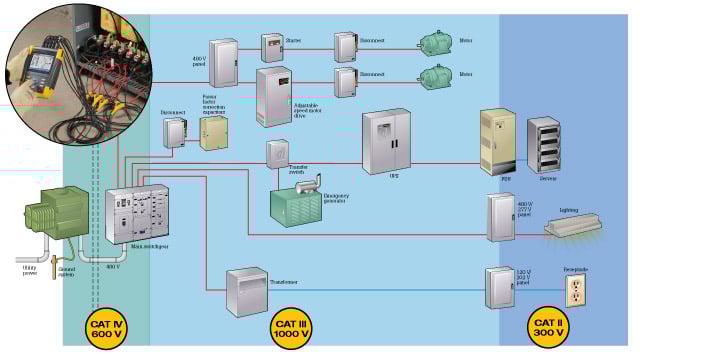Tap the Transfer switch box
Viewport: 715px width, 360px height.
[277, 153]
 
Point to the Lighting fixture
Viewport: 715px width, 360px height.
[579, 228]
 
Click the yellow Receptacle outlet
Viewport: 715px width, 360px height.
[576, 291]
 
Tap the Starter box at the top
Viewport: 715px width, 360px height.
[272, 47]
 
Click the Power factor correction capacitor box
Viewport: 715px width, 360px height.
[213, 132]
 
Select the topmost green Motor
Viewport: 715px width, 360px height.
[437, 42]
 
